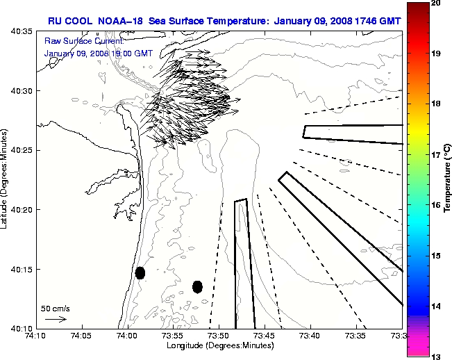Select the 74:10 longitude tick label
tap(35, 336)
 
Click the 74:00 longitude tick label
tap(127, 336)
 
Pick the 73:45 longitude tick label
tap(265, 336)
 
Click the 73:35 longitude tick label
tap(355, 336)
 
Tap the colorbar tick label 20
tap(435, 3)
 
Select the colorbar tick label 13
tap(435, 356)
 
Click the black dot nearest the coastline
tap(140, 272)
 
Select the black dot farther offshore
tap(197, 286)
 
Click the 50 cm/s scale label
tap(56, 308)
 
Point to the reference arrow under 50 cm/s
tap(56, 319)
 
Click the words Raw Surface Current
tap(74, 42)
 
